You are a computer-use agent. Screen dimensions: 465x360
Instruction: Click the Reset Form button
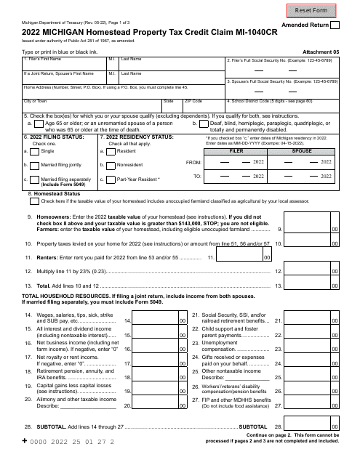(x=321, y=10)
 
